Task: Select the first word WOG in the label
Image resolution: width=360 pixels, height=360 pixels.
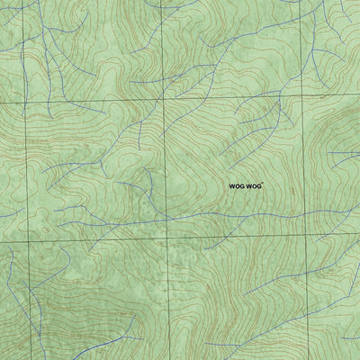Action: pyautogui.click(x=237, y=185)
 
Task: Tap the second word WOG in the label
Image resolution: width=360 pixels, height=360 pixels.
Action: pyautogui.click(x=256, y=185)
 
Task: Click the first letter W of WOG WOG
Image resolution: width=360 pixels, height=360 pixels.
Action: pyautogui.click(x=231, y=185)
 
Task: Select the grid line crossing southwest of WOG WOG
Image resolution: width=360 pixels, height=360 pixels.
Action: pyautogui.click(x=167, y=238)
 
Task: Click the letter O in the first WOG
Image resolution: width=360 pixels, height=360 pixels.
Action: pyautogui.click(x=237, y=185)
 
